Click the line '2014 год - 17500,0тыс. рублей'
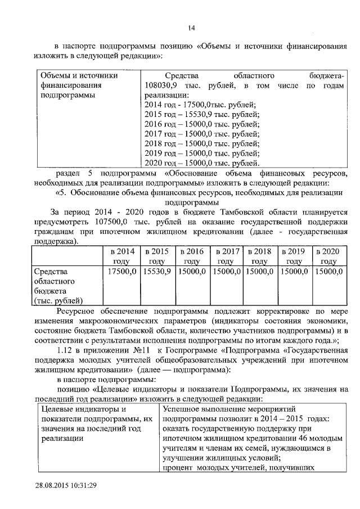coord(200,105)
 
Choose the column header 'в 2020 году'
coord(329,256)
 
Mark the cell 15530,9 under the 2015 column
coord(156,271)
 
